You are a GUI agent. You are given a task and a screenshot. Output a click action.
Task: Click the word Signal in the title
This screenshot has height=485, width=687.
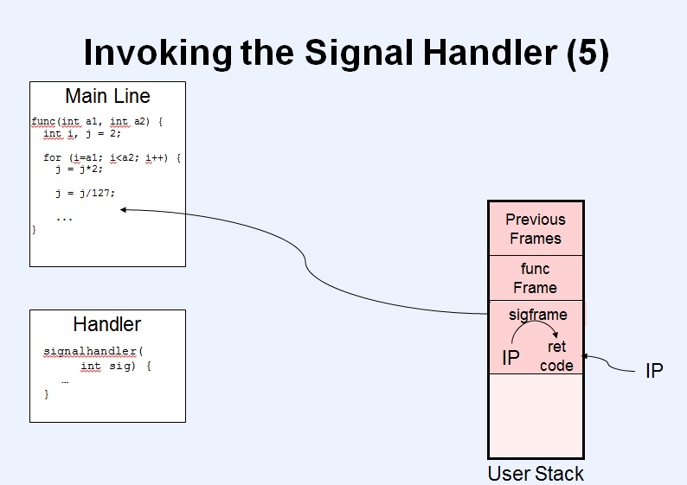360,53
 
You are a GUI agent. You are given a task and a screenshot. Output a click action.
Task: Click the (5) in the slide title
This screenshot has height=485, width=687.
587,53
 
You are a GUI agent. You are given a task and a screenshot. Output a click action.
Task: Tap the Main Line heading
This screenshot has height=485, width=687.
108,96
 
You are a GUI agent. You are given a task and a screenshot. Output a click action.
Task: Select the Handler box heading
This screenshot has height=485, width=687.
107,324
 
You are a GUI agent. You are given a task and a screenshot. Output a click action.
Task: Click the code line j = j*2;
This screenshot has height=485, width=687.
80,169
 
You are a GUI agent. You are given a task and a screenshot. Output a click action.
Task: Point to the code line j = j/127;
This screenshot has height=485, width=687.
86,193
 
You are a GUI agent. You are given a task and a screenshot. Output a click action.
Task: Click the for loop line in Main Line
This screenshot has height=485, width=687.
112,157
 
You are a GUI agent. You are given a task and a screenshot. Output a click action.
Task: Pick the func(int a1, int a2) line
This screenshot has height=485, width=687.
97,121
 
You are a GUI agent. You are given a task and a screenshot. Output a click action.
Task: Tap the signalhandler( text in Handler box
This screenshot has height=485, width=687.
93,352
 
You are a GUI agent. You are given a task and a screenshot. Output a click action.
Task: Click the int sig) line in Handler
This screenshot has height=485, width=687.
116,366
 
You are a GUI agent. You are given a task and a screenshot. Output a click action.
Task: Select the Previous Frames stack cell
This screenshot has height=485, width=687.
536,228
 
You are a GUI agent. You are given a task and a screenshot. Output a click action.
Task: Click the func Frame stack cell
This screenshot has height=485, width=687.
536,278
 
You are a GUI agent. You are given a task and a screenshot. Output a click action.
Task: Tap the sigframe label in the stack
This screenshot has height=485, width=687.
538,315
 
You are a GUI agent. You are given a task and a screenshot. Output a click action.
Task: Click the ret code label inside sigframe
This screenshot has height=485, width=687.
556,356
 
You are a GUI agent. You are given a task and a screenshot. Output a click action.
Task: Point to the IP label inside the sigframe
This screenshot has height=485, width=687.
510,358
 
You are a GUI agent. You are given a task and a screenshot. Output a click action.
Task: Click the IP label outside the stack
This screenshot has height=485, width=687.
654,371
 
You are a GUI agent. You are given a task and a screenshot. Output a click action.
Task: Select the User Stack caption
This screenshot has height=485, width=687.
536,474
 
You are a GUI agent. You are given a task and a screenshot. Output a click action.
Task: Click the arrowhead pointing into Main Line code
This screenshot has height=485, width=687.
123,210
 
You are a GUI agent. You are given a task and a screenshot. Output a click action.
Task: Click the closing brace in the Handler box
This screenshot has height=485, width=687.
47,394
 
